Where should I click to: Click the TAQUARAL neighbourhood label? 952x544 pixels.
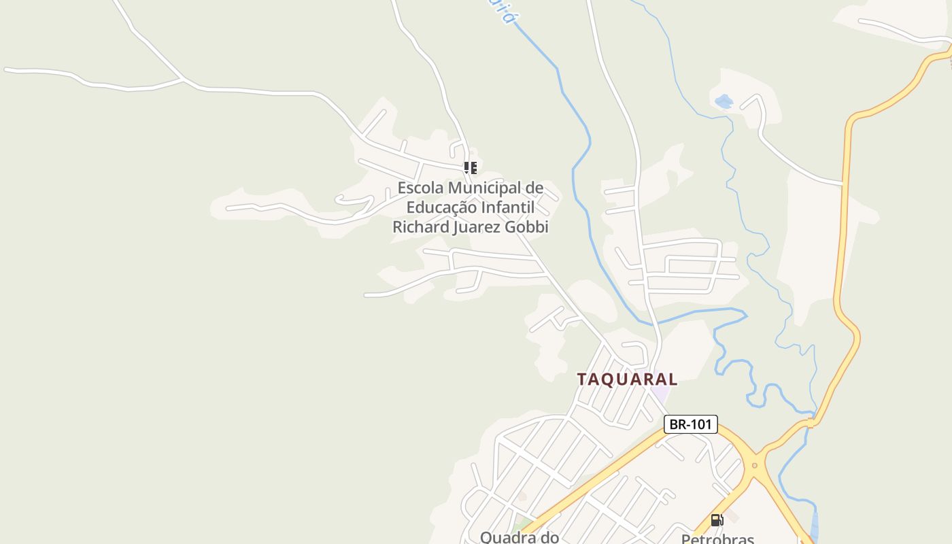click(x=627, y=379)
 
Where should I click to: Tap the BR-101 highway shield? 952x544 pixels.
click(x=690, y=424)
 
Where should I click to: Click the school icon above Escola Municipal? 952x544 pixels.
click(x=471, y=167)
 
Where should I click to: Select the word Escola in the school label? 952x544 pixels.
click(x=421, y=188)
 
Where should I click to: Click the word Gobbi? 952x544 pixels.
click(x=526, y=226)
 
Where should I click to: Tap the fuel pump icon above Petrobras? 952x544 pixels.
click(x=717, y=520)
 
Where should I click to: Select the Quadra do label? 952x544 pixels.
click(x=520, y=537)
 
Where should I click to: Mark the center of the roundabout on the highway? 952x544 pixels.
click(x=753, y=466)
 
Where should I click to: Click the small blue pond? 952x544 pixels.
click(x=724, y=102)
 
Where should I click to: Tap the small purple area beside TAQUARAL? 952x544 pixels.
click(x=660, y=394)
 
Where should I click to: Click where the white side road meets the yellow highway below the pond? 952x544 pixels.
click(x=843, y=183)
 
